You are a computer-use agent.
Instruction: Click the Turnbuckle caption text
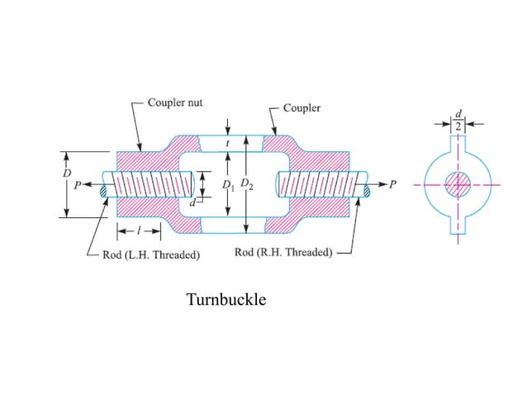click(226, 300)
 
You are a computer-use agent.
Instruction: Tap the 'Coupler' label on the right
click(301, 108)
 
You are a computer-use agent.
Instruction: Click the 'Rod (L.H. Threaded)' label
click(150, 255)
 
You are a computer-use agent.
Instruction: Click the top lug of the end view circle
click(457, 145)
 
